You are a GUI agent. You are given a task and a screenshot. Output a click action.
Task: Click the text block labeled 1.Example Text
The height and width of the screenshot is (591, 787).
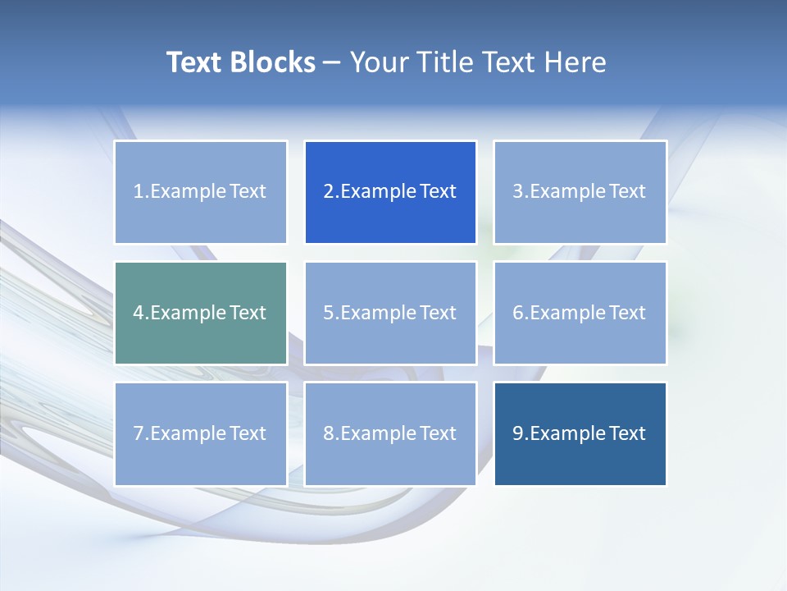[x=200, y=192]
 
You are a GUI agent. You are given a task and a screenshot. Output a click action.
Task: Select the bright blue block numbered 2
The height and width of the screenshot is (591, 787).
[x=390, y=192]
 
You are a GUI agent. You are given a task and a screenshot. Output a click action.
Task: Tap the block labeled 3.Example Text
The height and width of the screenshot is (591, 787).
[x=580, y=192]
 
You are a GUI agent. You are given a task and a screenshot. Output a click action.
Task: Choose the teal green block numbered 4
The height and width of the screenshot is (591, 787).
[x=200, y=313]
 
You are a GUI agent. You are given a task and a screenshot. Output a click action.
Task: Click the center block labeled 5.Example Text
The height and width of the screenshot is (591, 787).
[x=390, y=313]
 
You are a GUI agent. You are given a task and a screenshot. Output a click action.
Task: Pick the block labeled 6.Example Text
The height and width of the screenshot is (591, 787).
[x=580, y=313]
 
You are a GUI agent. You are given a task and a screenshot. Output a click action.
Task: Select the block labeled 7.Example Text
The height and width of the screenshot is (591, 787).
[x=200, y=433]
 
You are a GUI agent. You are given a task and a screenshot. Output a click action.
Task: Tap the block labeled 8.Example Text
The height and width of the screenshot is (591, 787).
[x=390, y=433]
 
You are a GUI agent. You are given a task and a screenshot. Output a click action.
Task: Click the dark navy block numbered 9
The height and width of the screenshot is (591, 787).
[x=580, y=433]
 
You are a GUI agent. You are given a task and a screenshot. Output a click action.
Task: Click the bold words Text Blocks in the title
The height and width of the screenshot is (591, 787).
[x=241, y=62]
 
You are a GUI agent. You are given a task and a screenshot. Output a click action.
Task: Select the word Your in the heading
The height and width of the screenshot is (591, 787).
[x=378, y=62]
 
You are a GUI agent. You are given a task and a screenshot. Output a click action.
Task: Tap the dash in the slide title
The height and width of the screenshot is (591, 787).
[x=332, y=63]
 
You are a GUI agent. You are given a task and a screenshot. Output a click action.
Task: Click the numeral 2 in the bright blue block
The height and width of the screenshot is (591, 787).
[x=328, y=192]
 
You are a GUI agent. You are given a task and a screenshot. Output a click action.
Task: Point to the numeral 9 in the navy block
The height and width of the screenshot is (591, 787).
[x=517, y=433]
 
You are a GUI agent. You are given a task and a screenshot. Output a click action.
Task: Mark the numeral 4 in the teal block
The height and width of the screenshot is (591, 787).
[x=139, y=313]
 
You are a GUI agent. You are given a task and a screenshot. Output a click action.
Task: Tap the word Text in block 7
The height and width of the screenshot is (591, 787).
[x=248, y=433]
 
